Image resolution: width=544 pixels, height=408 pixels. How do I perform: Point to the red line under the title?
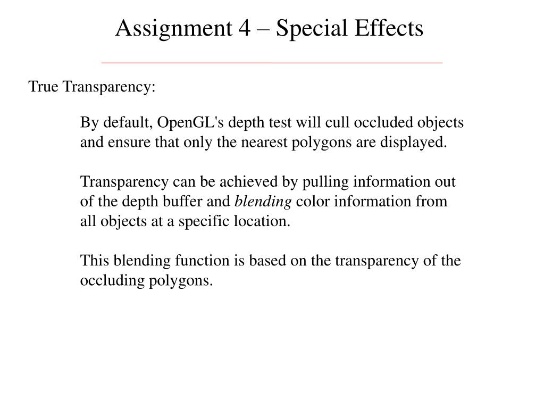(271, 63)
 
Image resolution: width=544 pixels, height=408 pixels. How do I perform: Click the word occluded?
(380, 123)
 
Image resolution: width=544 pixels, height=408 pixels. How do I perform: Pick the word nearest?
(268, 143)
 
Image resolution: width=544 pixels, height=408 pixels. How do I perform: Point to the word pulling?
(321, 182)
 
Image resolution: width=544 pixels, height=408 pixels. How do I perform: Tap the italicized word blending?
(263, 202)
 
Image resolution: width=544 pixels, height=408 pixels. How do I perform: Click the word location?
(263, 222)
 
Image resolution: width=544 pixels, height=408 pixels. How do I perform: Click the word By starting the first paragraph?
(87, 123)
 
